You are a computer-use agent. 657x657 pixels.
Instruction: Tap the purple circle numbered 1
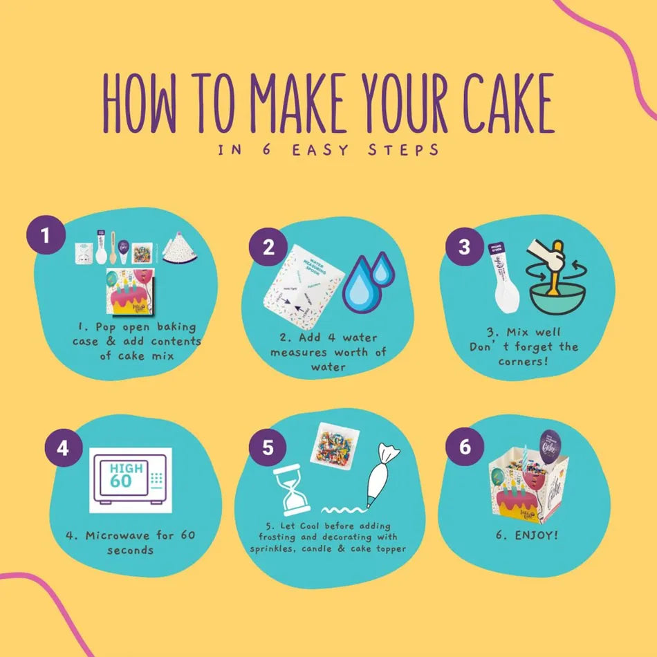coord(46,237)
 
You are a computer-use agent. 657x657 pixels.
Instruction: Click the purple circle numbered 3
coord(465,247)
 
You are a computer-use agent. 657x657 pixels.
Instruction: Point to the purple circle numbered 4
coord(63,449)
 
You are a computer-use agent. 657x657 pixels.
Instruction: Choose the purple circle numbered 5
coord(268,448)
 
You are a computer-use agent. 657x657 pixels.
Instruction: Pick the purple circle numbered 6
coord(464,447)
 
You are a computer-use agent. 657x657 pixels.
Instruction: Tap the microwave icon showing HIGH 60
coord(129,479)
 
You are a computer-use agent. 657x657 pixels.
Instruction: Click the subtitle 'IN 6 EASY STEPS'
coord(328,150)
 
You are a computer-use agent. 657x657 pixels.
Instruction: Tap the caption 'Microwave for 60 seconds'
coord(131,542)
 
